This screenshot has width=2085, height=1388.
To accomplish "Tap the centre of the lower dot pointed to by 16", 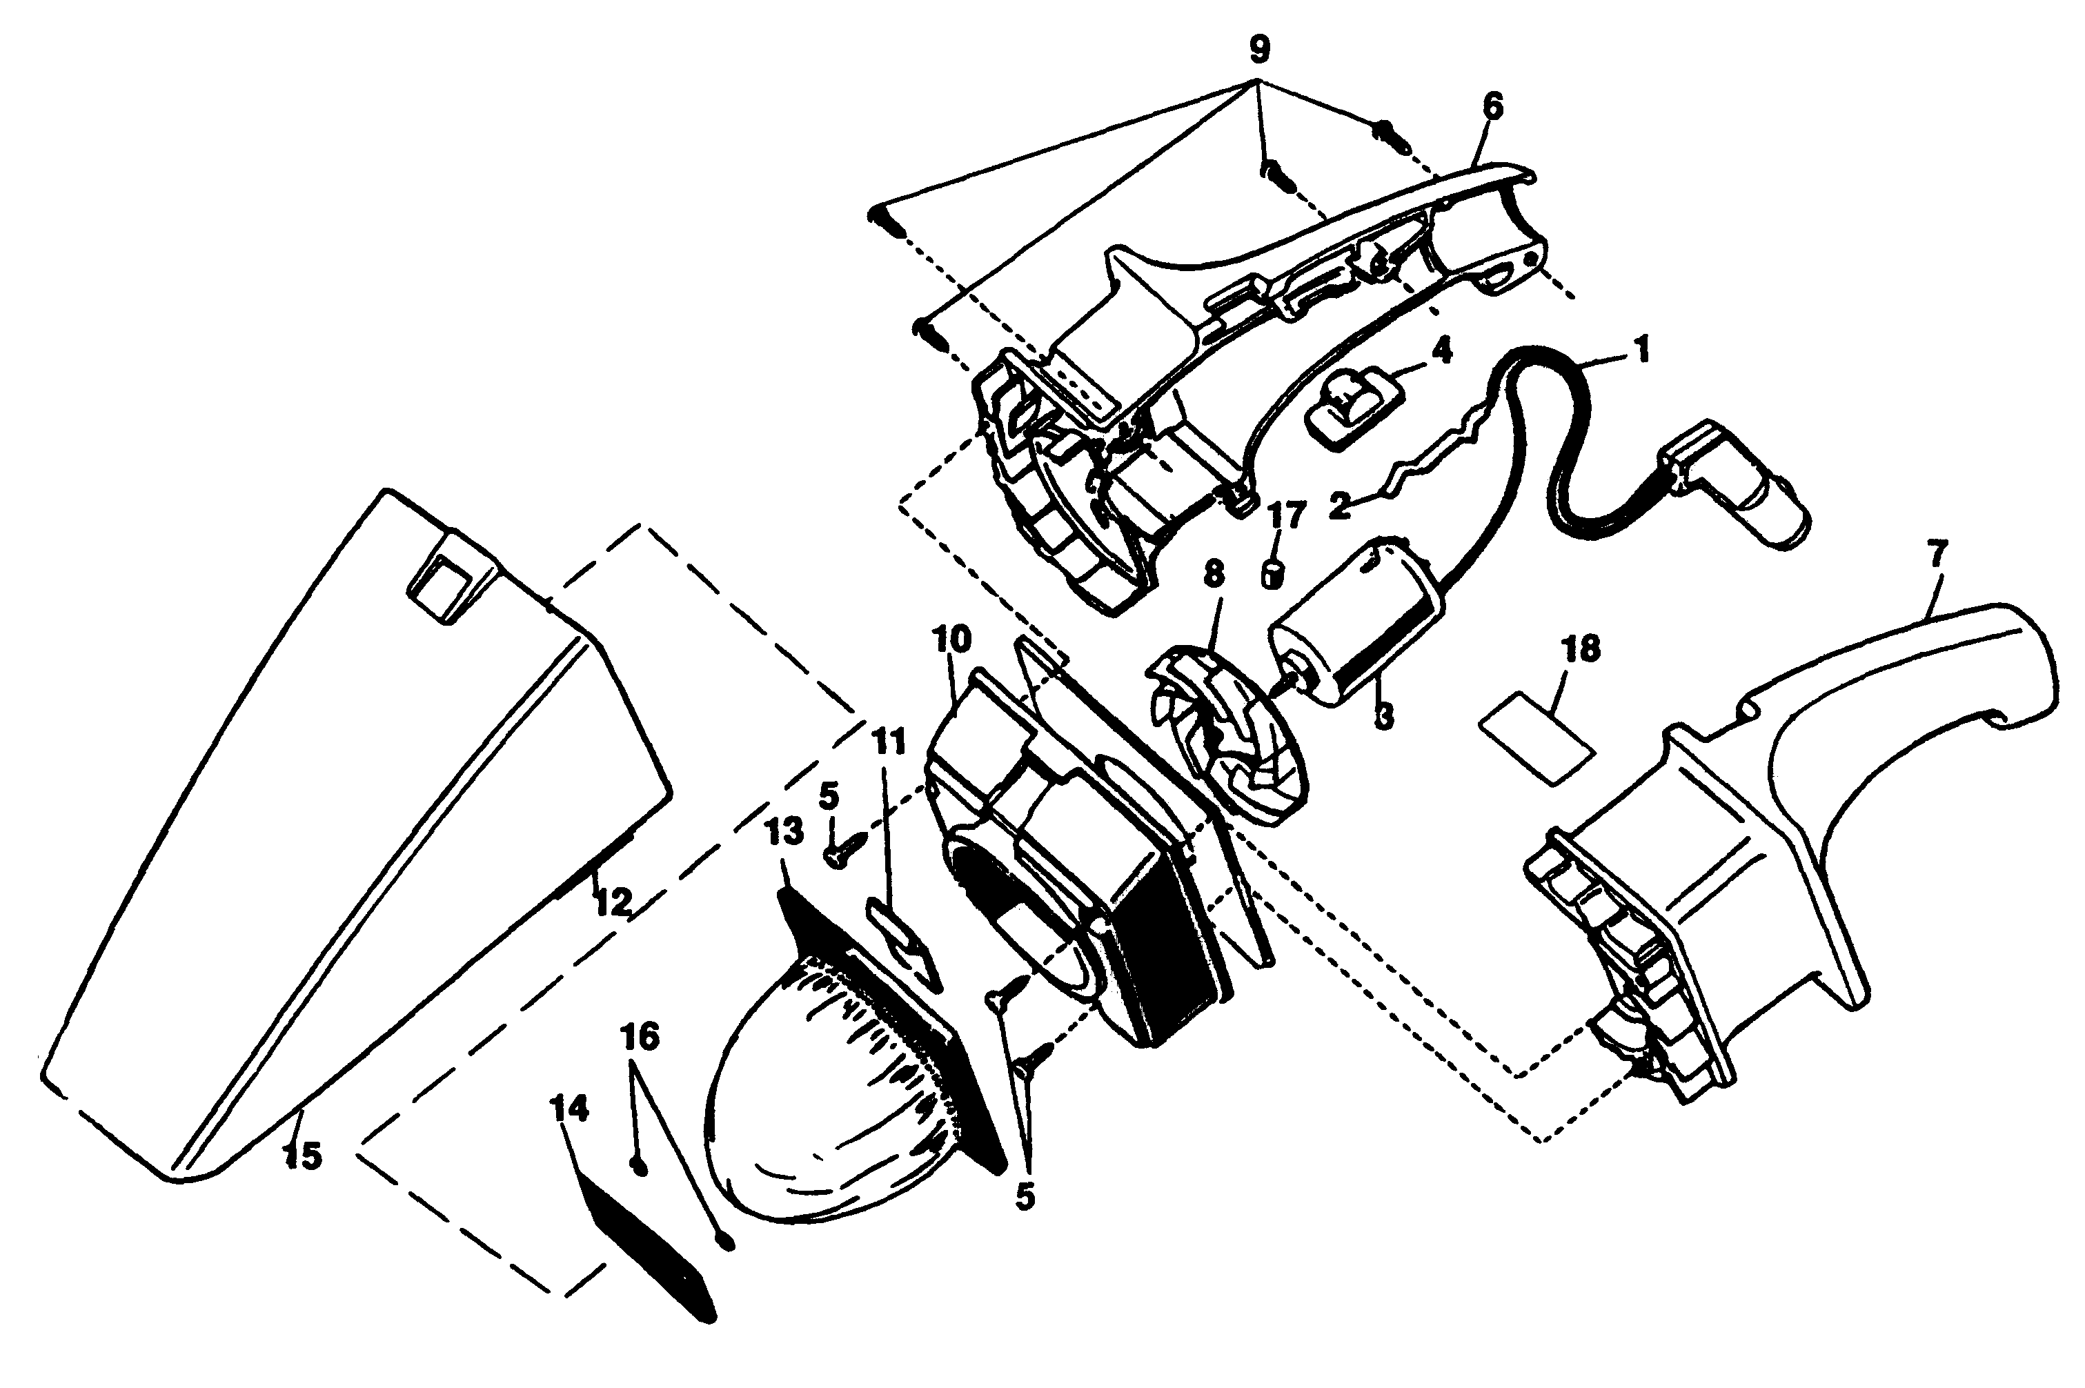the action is tap(725, 1242).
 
